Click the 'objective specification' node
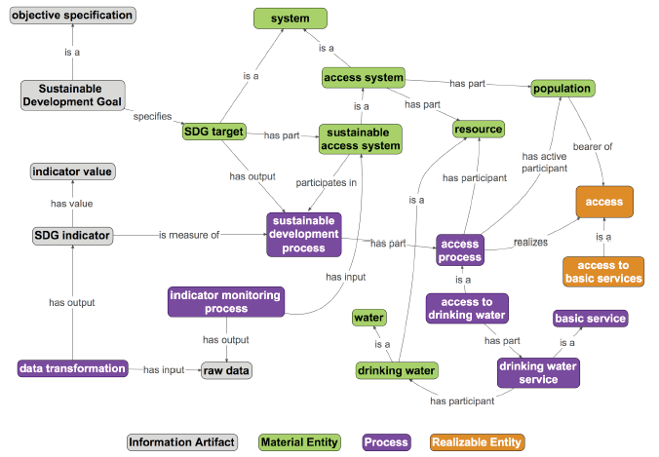[73, 16]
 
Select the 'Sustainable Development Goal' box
[73, 95]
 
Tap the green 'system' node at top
[290, 18]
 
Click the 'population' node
[562, 89]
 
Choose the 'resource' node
[478, 128]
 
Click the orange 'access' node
[605, 202]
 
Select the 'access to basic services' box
[603, 271]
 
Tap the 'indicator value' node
[73, 171]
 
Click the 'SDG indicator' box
[73, 235]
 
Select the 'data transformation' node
[73, 368]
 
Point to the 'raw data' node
[225, 370]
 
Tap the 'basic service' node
[590, 318]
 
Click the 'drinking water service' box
[529, 371]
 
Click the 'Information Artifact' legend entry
[183, 442]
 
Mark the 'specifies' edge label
[152, 115]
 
